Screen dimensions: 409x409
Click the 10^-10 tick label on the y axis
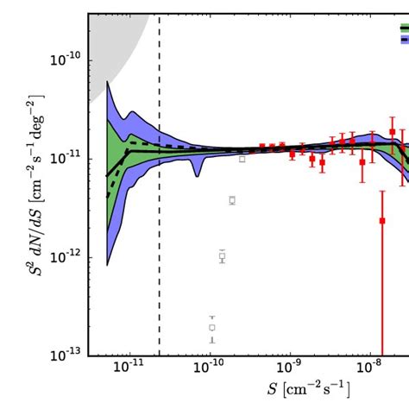pyautogui.click(x=69, y=59)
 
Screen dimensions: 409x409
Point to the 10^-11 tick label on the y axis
pyautogui.click(x=69, y=158)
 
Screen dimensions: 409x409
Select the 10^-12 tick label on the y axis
pyautogui.click(x=69, y=256)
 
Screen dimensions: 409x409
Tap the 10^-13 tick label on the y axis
pyautogui.click(x=69, y=355)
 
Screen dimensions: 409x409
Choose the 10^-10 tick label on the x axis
pyautogui.click(x=210, y=368)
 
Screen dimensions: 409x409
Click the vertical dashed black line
pyautogui.click(x=159, y=259)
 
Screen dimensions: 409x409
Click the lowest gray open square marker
pyautogui.click(x=211, y=327)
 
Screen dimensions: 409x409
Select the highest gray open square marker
pyautogui.click(x=242, y=159)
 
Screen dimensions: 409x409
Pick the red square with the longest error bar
pyautogui.click(x=381, y=221)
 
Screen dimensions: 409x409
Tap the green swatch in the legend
pyautogui.click(x=404, y=28)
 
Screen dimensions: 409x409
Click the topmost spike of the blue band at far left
pyautogui.click(x=107, y=83)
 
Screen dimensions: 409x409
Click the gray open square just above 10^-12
pyautogui.click(x=222, y=256)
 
